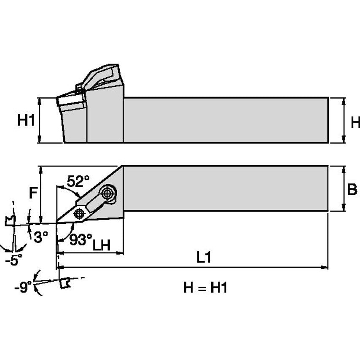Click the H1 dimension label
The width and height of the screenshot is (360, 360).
click(26, 121)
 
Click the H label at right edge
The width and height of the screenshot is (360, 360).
click(355, 123)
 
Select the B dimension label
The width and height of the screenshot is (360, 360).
click(352, 189)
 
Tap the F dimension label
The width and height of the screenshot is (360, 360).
click(33, 193)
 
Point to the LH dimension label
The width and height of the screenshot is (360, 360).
click(101, 245)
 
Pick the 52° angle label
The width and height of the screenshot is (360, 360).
click(78, 181)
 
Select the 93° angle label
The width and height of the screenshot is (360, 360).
click(81, 239)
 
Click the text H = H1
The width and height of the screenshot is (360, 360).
click(205, 288)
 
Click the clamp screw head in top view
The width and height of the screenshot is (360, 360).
click(108, 193)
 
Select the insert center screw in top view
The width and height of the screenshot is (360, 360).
click(79, 213)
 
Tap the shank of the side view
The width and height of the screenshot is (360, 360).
click(226, 120)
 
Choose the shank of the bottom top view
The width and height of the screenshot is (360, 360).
click(226, 188)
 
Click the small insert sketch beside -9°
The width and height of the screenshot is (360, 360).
click(64, 283)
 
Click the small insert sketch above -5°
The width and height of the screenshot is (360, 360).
click(10, 220)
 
